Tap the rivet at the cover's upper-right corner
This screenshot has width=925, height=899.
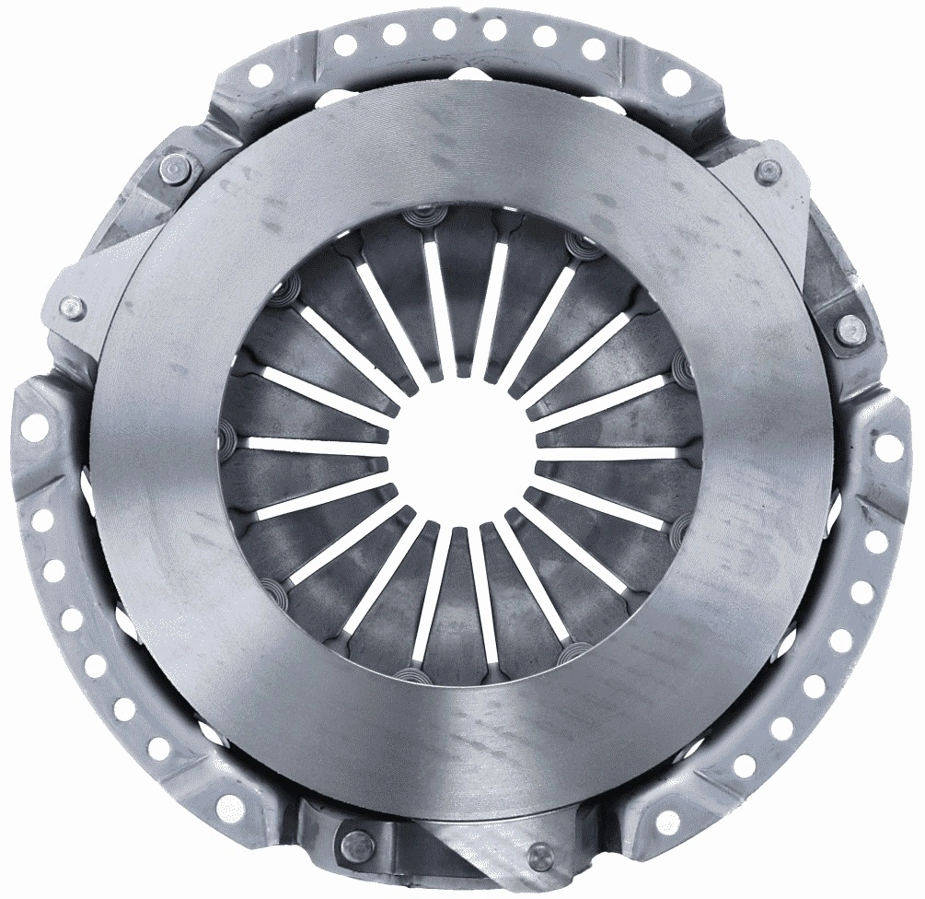[x=766, y=171]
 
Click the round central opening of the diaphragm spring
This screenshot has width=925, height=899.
[x=460, y=450]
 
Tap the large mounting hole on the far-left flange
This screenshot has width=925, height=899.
[x=37, y=425]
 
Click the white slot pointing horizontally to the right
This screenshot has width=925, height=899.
[x=607, y=452]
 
